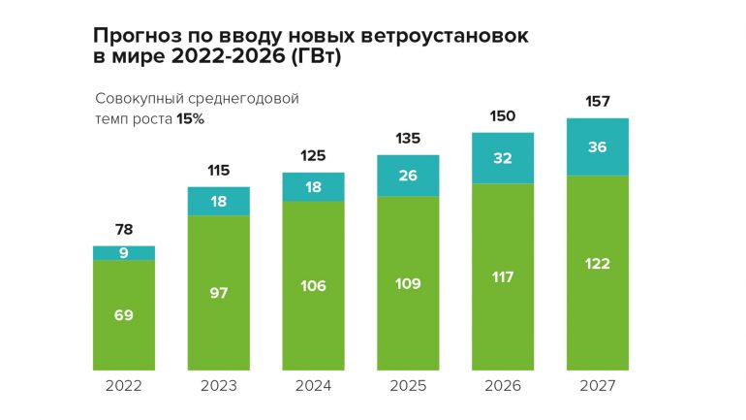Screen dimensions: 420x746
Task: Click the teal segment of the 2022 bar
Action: (124, 253)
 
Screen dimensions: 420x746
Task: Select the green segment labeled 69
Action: (124, 315)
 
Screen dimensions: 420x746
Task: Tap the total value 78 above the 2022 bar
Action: (124, 230)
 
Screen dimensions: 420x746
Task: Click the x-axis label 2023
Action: (218, 386)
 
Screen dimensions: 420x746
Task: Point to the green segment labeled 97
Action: (218, 292)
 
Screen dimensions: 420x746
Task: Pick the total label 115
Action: (218, 171)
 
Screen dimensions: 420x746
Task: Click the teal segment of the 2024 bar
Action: (313, 187)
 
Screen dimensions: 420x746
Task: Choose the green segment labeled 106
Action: (313, 285)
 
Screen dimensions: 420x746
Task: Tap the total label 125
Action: (313, 155)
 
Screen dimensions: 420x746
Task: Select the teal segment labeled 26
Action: (408, 176)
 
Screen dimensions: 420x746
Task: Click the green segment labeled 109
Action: (408, 283)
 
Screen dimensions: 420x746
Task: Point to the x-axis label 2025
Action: (408, 386)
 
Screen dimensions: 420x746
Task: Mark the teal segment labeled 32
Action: (503, 157)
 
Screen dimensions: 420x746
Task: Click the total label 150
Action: (503, 115)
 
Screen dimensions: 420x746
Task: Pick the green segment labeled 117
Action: (503, 276)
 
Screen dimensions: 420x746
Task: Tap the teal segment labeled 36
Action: (598, 146)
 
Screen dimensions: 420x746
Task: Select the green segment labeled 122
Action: (598, 264)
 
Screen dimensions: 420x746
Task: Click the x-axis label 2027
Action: (598, 386)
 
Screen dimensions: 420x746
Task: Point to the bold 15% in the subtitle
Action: (190, 118)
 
